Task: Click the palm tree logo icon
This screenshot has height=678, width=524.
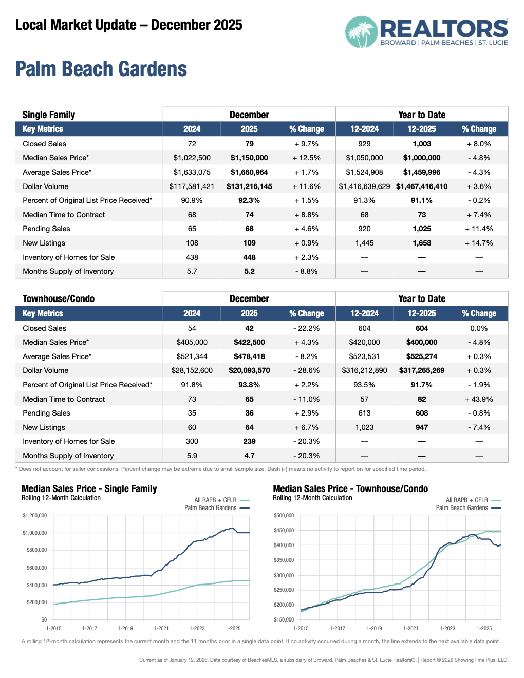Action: coord(361,32)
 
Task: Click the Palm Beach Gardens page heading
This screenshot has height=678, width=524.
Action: coord(101,69)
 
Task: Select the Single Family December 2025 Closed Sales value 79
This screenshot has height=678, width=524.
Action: coord(249,144)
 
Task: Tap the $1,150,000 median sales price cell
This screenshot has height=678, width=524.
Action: coord(249,158)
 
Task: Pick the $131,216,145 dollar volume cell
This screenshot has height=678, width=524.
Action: coord(249,186)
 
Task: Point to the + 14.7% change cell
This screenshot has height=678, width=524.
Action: coord(479,243)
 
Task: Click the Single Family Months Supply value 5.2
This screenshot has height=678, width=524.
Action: coord(249,271)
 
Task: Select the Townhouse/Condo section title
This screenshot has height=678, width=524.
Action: coord(59,299)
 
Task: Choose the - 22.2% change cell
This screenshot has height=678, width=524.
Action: coord(306,328)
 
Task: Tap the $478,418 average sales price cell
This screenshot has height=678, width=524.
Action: coord(249,356)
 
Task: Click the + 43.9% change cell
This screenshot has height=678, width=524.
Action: coord(479,399)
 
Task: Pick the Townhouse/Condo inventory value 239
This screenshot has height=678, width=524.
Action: coord(249,441)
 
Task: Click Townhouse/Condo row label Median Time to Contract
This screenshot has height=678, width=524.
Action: coord(64,399)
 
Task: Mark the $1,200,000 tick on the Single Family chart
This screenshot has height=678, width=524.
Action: coord(34,515)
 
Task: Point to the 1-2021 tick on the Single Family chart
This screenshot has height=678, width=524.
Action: coord(161,628)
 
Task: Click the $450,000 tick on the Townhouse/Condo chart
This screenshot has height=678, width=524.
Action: coord(284,530)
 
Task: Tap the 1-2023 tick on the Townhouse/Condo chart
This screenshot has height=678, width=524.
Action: coord(447,628)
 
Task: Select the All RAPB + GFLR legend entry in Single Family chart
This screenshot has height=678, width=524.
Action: coord(215,500)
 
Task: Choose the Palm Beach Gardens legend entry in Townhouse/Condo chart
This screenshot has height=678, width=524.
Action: coord(462,507)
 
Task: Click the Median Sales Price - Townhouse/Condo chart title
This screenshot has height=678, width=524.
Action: coord(350,489)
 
